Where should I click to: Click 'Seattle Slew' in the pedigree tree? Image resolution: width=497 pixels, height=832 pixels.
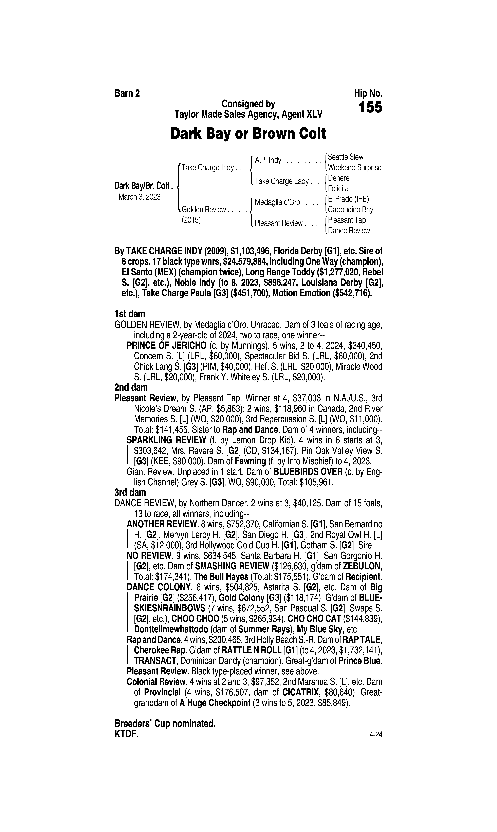(x=345, y=157)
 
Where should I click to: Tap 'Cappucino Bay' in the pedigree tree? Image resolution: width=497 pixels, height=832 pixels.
(x=350, y=210)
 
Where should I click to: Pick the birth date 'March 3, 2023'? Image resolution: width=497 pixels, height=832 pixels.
(x=139, y=197)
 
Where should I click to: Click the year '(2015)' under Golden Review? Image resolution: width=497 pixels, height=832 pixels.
(x=191, y=220)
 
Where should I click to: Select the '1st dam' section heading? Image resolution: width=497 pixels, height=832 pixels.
(x=130, y=314)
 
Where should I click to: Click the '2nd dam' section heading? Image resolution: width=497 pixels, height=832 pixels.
(x=131, y=388)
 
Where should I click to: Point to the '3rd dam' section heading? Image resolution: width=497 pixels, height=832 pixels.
(x=130, y=492)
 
